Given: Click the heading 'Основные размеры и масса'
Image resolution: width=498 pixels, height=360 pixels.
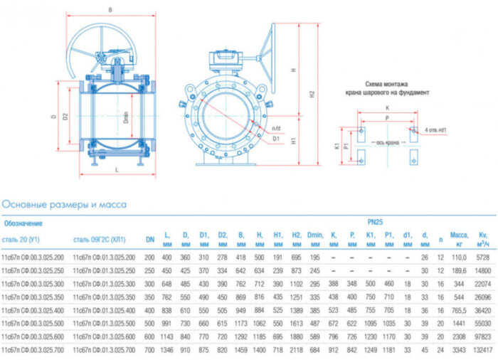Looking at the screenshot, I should [64, 205].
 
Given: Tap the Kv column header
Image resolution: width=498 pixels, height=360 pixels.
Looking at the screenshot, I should [485, 237].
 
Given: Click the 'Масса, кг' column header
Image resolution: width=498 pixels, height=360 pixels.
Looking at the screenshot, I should [458, 237].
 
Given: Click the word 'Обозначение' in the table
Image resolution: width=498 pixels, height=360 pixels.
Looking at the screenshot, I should [22, 223].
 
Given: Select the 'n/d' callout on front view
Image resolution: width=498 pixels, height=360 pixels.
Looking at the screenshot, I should [276, 128].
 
